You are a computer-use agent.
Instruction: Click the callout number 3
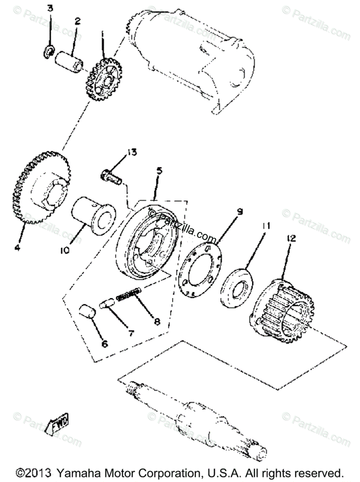[x=49, y=8]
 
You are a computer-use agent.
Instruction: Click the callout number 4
[x=17, y=247]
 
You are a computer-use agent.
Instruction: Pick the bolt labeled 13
[x=111, y=177]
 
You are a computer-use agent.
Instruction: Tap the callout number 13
[x=132, y=152]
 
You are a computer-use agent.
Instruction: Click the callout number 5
[x=159, y=171]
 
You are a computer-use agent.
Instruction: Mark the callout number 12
[x=291, y=238]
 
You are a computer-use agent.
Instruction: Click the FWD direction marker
[x=58, y=422]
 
